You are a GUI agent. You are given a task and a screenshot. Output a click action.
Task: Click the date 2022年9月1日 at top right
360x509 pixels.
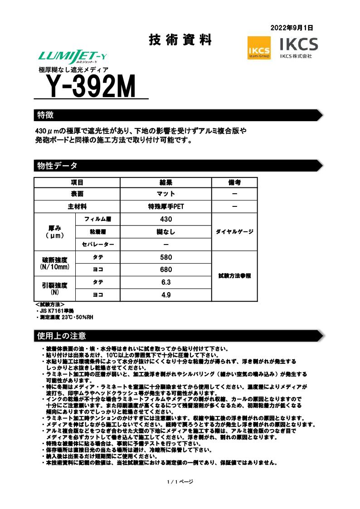[292, 28]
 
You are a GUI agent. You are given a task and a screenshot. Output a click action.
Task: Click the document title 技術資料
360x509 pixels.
[180, 40]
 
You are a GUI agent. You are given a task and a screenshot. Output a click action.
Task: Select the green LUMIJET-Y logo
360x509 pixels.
[73, 57]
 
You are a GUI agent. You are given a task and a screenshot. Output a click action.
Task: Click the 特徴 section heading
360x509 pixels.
[46, 114]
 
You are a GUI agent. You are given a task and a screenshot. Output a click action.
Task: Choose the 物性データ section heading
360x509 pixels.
[57, 166]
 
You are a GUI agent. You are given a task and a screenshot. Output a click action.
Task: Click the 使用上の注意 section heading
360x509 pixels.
[61, 336]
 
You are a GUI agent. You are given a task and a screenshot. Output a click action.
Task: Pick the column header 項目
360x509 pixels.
[77, 182]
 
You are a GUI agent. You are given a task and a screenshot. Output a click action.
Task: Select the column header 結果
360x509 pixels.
[166, 182]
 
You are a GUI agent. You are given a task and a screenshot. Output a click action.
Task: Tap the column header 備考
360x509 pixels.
[234, 182]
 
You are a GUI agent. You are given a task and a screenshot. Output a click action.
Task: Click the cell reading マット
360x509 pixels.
[166, 194]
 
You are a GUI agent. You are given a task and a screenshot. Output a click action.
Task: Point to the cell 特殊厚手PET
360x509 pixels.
[166, 206]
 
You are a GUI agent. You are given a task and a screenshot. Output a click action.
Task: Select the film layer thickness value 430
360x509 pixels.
[166, 219]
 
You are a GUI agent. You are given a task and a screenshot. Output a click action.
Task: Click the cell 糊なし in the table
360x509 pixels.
[166, 232]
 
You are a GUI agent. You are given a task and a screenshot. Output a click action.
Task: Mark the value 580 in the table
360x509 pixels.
[166, 257]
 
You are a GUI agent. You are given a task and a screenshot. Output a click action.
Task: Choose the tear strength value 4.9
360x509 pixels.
[166, 295]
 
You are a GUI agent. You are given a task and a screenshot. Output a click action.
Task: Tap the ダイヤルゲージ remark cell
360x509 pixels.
[234, 232]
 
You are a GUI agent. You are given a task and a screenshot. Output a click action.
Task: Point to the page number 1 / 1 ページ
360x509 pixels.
[180, 481]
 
